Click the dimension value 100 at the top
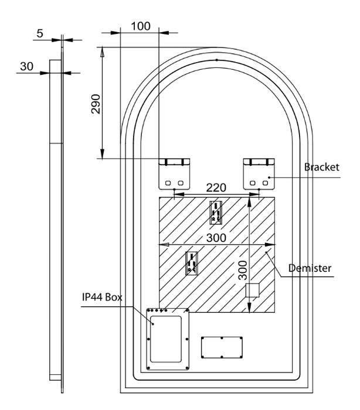(141, 26)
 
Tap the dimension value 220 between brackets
(217, 188)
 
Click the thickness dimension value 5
(39, 33)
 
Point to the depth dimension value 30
(26, 67)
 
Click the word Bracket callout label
(322, 168)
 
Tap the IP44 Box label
(102, 298)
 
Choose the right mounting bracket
(259, 173)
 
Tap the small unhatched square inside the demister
(252, 292)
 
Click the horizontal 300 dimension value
(216, 238)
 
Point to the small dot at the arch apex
(216, 60)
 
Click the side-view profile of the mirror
(56, 223)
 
